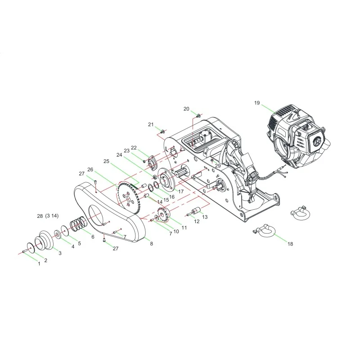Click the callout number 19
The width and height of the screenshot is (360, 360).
click(257, 103)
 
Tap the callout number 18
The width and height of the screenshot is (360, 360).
click(290, 244)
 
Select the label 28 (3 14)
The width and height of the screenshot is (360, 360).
click(48, 216)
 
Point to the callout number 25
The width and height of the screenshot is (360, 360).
click(106, 162)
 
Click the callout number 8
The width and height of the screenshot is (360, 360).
click(151, 243)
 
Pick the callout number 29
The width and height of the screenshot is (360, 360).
click(218, 166)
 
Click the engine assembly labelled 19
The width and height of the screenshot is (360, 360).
click(298, 136)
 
